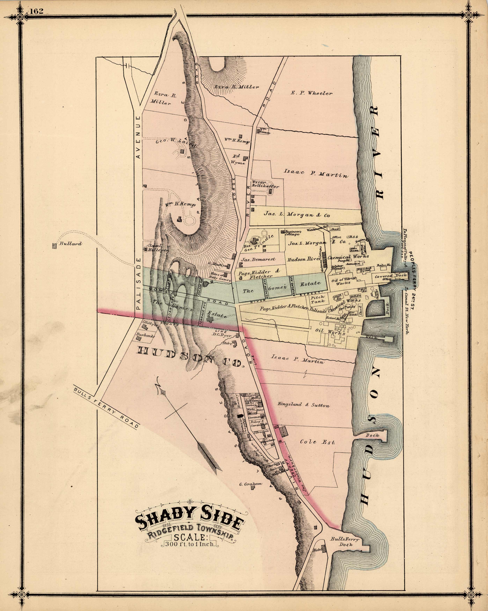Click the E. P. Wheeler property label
pos(311,93)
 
